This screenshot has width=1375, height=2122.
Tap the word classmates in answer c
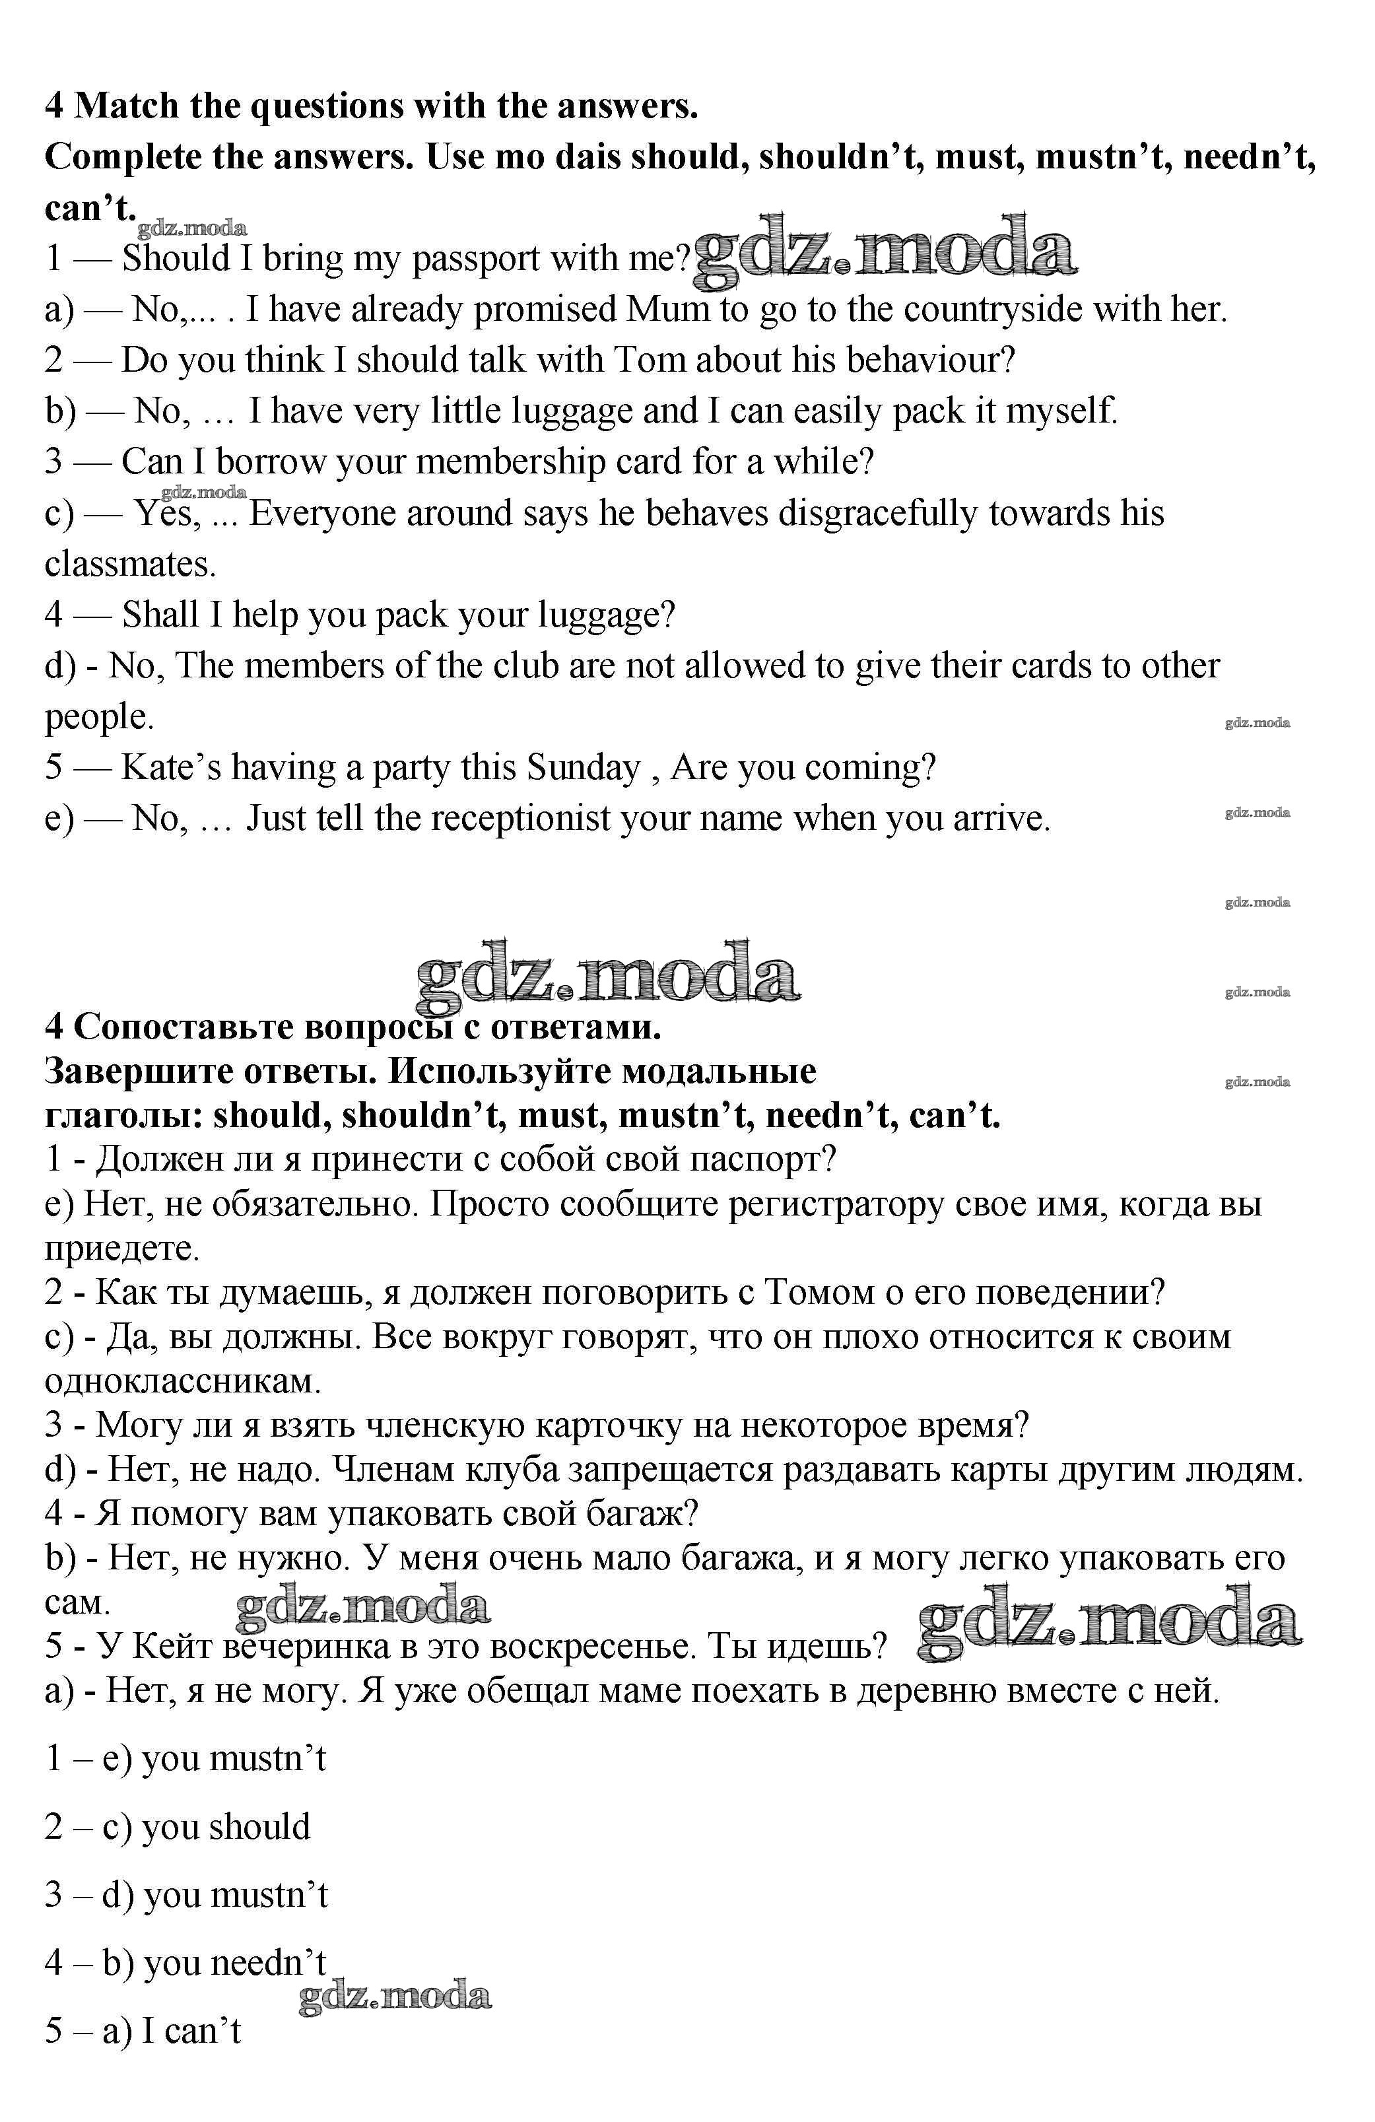click(130, 565)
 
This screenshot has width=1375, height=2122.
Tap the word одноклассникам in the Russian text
click(183, 1381)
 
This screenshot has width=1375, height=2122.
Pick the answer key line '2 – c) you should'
click(178, 1827)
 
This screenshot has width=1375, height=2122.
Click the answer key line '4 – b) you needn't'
click(185, 1962)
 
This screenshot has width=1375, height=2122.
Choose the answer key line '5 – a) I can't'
click(143, 2030)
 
